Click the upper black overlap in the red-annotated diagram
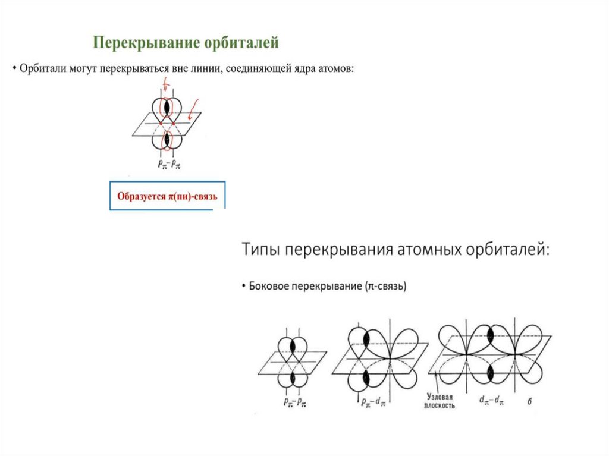[167, 107]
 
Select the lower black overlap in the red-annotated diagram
[167, 140]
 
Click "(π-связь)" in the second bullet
[385, 286]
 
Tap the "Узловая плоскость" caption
[441, 400]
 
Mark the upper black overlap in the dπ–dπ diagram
[490, 335]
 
